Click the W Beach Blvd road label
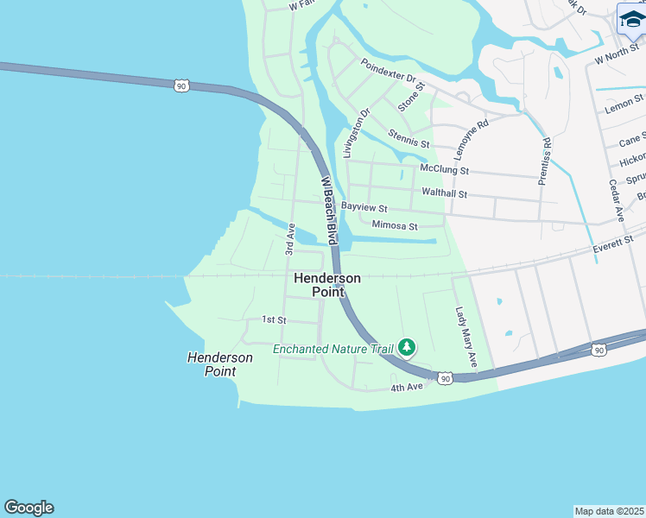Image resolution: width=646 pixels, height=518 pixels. coord(328,211)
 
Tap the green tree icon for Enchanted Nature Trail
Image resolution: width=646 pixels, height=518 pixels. coord(406,348)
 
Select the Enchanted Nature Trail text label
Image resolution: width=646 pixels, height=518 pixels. coord(332,350)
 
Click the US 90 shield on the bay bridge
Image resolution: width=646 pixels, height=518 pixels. coord(180,85)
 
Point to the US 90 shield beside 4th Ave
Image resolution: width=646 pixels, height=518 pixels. coord(444,378)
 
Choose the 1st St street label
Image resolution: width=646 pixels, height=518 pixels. coord(274,319)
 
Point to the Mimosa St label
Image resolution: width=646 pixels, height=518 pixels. coord(394,226)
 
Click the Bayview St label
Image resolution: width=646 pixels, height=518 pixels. coord(364,208)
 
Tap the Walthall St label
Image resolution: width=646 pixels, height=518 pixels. coord(444,193)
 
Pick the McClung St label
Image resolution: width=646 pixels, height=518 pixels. coord(443,170)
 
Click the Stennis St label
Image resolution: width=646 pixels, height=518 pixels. coord(408,138)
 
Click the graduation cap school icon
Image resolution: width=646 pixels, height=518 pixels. coord(631,19)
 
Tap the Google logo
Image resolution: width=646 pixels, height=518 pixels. coord(28,508)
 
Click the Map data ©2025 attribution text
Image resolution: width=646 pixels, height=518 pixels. coord(609,510)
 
